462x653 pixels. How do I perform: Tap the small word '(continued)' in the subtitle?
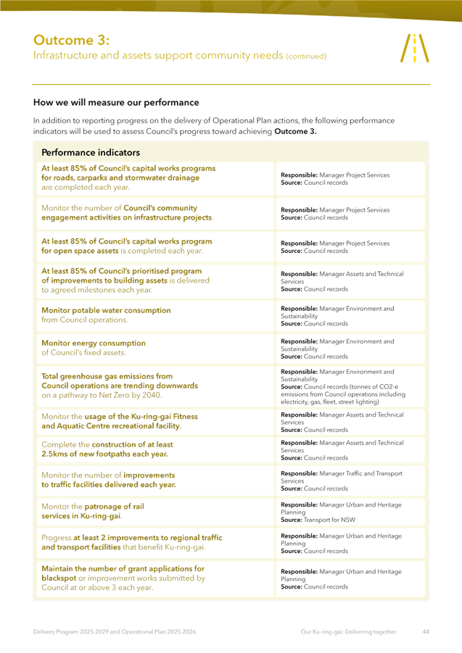click(x=306, y=56)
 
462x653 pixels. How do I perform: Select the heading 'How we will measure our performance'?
click(x=116, y=102)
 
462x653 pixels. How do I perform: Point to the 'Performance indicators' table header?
click(x=91, y=153)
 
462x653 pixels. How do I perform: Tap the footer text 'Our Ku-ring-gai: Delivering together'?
click(x=348, y=631)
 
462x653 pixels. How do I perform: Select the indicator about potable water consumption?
click(x=106, y=315)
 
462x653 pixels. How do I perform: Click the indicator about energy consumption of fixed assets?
click(x=94, y=348)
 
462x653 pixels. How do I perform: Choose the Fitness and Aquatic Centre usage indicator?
click(x=120, y=421)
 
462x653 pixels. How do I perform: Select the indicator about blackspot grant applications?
click(x=123, y=578)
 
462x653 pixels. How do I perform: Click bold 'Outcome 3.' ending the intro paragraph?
click(x=295, y=132)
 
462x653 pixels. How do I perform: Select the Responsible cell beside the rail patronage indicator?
click(x=351, y=512)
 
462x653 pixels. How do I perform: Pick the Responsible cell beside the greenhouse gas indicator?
click(x=351, y=384)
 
